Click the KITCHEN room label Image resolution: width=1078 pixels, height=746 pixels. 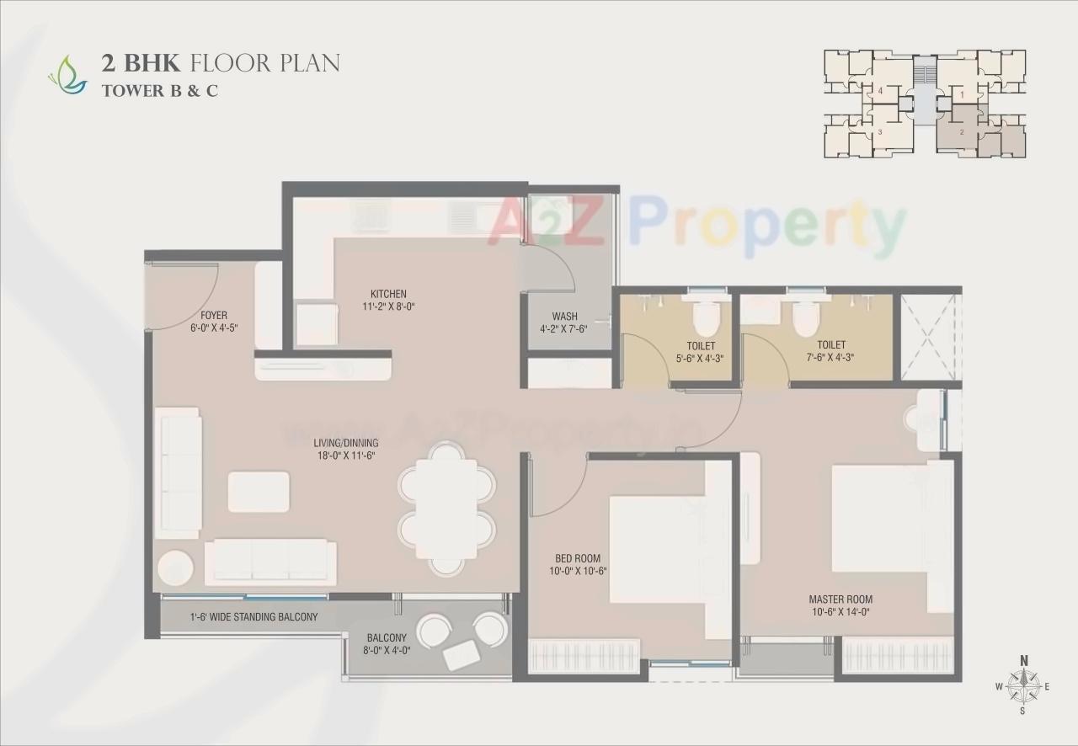pyautogui.click(x=389, y=294)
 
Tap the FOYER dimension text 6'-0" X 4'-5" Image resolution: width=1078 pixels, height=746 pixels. pyautogui.click(x=215, y=328)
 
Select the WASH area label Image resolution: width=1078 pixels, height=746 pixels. pyautogui.click(x=563, y=317)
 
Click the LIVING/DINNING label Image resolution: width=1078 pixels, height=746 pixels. pyautogui.click(x=345, y=443)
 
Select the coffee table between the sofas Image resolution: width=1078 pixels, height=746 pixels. pyautogui.click(x=259, y=492)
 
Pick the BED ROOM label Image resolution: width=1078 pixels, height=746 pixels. pyautogui.click(x=577, y=558)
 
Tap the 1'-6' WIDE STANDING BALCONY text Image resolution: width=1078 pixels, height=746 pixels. pyautogui.click(x=253, y=617)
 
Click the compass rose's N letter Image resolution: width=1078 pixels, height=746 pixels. pyautogui.click(x=1023, y=660)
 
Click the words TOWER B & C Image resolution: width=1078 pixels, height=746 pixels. pyautogui.click(x=159, y=91)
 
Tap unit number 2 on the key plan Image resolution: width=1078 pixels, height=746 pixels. pyautogui.click(x=962, y=132)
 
